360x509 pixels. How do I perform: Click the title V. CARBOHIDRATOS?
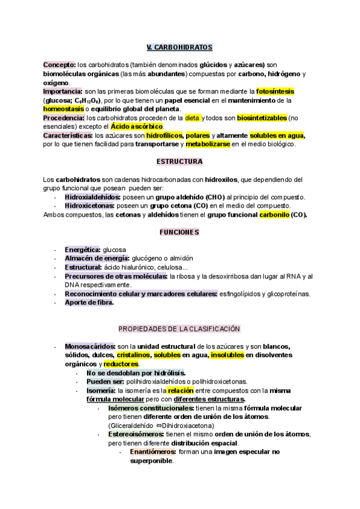(179, 47)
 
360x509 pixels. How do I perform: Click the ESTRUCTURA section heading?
(179, 162)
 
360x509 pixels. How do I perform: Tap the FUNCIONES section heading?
(179, 232)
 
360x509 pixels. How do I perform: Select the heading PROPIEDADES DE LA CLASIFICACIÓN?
(179, 328)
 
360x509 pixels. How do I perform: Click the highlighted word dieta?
(192, 118)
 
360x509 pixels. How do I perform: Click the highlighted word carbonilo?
(273, 214)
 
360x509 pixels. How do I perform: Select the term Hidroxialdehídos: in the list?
(92, 197)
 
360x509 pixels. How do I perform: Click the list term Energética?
(83, 249)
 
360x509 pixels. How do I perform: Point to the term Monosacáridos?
(90, 346)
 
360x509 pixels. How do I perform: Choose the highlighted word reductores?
(121, 364)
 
